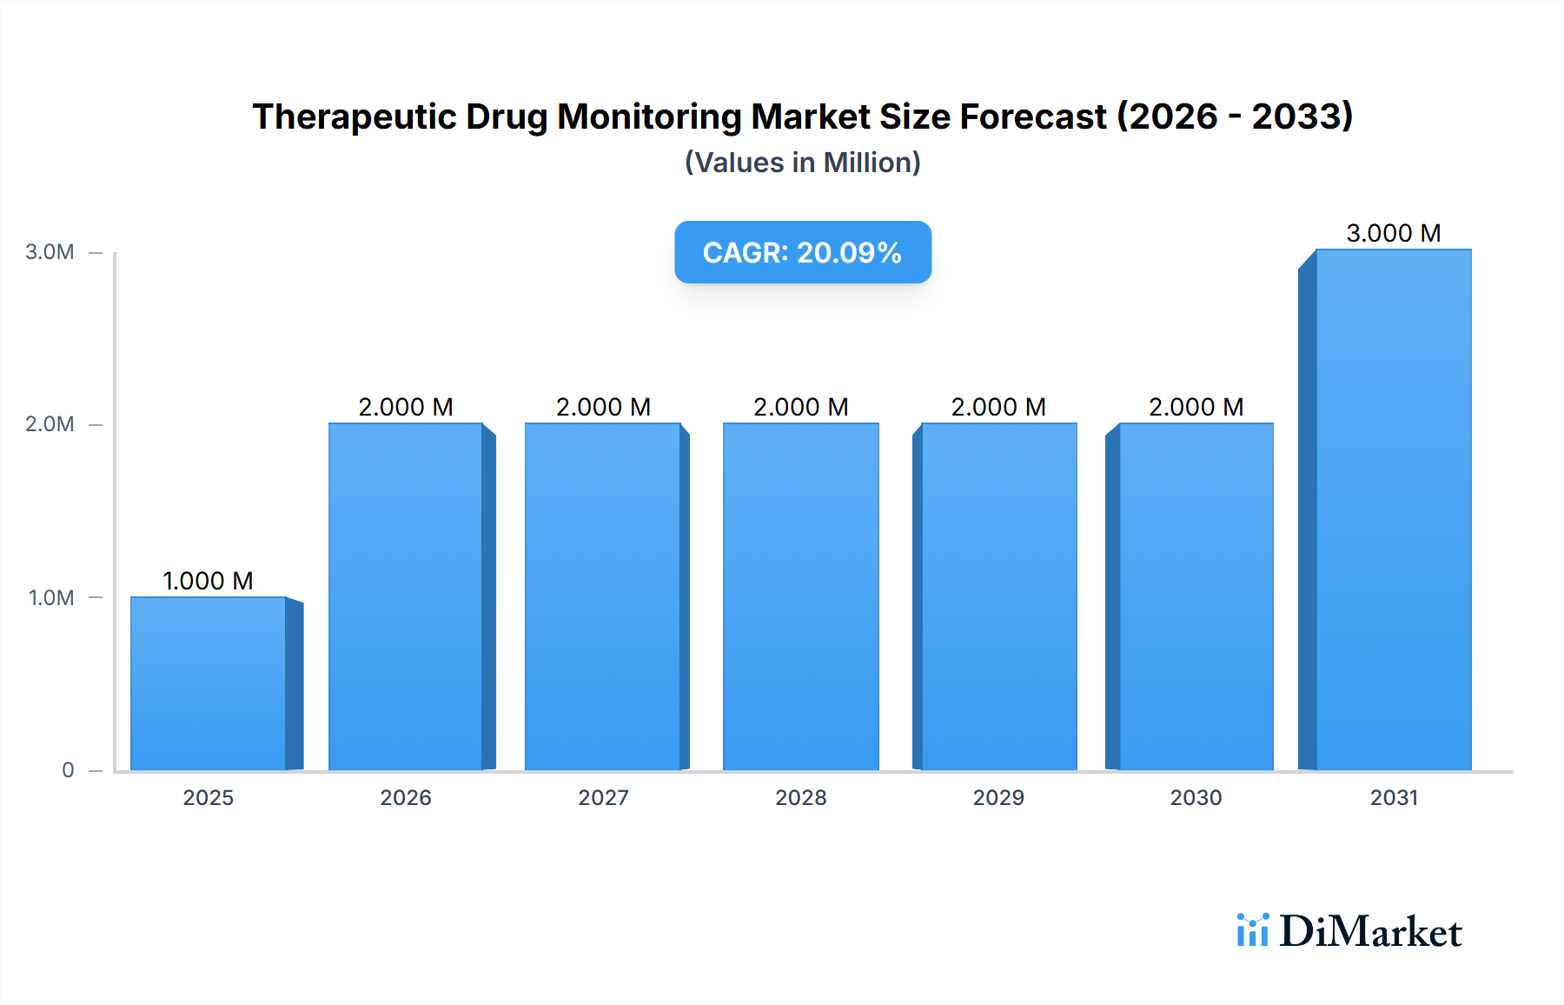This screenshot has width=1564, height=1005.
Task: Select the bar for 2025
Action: (x=209, y=683)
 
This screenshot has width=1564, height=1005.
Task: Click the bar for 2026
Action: (x=406, y=596)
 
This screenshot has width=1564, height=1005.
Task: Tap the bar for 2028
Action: (x=800, y=596)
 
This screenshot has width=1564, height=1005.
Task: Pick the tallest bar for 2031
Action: (x=1393, y=509)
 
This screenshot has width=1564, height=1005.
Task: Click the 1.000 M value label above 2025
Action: (x=208, y=581)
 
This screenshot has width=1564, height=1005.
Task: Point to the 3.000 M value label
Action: (x=1393, y=233)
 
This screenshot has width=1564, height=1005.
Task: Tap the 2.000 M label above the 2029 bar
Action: (x=998, y=407)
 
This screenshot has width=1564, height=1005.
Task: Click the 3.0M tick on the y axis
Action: (x=50, y=252)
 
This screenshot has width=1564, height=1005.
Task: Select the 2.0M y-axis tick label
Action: (x=50, y=424)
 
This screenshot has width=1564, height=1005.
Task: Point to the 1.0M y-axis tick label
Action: (x=51, y=597)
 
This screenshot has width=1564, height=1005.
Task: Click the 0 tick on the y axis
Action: (x=68, y=769)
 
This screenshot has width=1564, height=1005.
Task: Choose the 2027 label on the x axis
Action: (x=603, y=797)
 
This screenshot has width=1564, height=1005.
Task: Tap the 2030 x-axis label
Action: (x=1196, y=797)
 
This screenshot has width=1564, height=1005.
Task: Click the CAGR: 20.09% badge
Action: (x=802, y=252)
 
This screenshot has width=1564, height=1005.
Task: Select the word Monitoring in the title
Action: (x=648, y=116)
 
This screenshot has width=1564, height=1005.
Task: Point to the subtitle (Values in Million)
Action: (x=802, y=163)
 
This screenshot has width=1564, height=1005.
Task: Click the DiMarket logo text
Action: (x=1370, y=931)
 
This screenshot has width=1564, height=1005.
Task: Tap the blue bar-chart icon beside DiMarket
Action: (x=1252, y=930)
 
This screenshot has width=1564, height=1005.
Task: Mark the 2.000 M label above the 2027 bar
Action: (x=603, y=407)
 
